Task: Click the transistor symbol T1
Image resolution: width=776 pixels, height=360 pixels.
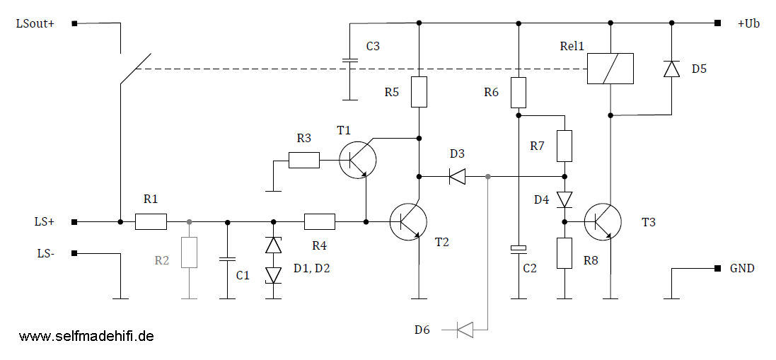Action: pos(357,161)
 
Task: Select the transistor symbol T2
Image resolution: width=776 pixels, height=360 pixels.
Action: pos(407,221)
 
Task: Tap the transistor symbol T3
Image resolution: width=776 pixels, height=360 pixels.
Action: pos(603,221)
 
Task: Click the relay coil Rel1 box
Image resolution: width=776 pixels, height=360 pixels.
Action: pos(610,69)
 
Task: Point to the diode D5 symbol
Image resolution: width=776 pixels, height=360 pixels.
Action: pos(671,69)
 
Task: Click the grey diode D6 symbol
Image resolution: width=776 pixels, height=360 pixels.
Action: pos(465,329)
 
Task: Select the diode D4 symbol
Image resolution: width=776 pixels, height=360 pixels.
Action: pos(564,199)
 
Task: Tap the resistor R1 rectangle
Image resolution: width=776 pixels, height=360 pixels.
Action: pos(151,222)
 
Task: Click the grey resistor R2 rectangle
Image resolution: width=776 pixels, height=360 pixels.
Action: pos(189,252)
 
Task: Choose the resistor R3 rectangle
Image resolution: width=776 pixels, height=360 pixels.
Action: pos(303,161)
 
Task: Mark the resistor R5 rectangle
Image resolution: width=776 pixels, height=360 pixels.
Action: pos(419,92)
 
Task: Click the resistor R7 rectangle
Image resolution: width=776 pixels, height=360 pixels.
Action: pos(564,146)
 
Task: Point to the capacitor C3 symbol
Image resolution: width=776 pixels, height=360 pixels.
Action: pos(350,62)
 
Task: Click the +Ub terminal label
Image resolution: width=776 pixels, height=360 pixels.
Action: pos(748,23)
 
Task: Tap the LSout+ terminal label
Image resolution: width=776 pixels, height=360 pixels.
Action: pos(35,23)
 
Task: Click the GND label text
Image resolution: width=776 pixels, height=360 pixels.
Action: pos(743,269)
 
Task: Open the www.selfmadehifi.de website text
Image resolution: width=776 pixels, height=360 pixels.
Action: pos(86,336)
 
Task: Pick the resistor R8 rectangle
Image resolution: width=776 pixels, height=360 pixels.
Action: pos(564,253)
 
